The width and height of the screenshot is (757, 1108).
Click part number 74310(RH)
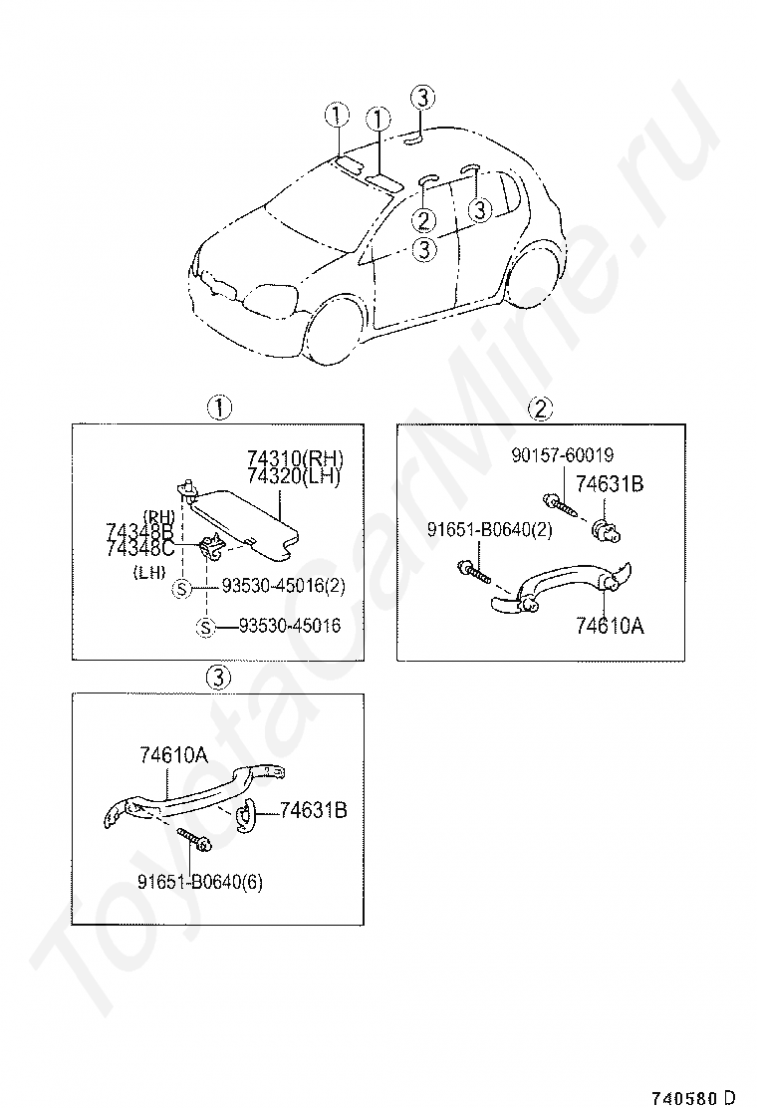pyautogui.click(x=295, y=458)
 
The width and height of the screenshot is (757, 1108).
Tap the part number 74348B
pyautogui.click(x=140, y=530)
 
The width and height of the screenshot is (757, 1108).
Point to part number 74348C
pyautogui.click(x=140, y=547)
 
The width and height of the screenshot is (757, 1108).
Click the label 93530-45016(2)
pyautogui.click(x=283, y=587)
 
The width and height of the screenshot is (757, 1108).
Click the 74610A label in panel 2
pyautogui.click(x=610, y=626)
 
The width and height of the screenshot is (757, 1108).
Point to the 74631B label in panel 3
pyautogui.click(x=312, y=811)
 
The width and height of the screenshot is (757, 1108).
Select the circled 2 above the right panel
pyautogui.click(x=541, y=408)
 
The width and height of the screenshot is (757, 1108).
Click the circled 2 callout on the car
pyautogui.click(x=423, y=219)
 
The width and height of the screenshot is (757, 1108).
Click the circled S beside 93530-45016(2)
pyautogui.click(x=181, y=588)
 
